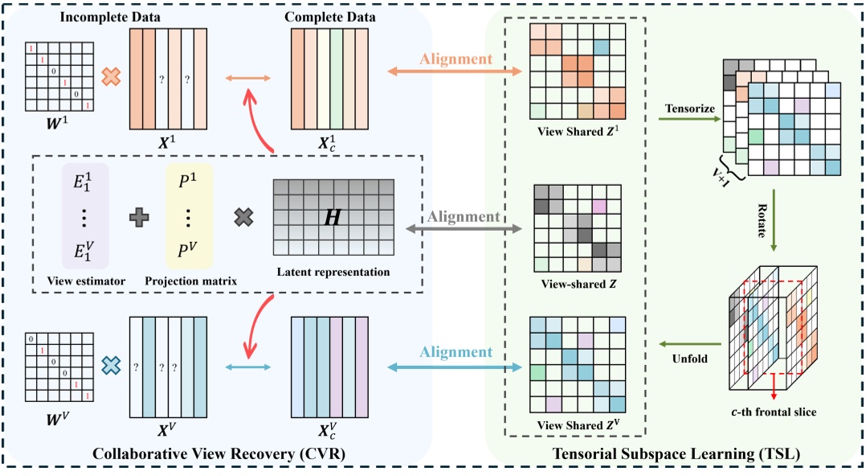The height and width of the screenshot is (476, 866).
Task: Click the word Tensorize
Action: [x=689, y=108]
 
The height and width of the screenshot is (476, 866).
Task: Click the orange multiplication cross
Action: [x=111, y=77]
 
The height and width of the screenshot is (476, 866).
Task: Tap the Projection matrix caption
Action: [x=190, y=281]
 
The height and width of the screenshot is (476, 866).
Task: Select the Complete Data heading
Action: [x=329, y=15]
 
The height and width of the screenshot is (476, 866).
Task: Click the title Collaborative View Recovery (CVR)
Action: [x=219, y=454]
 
